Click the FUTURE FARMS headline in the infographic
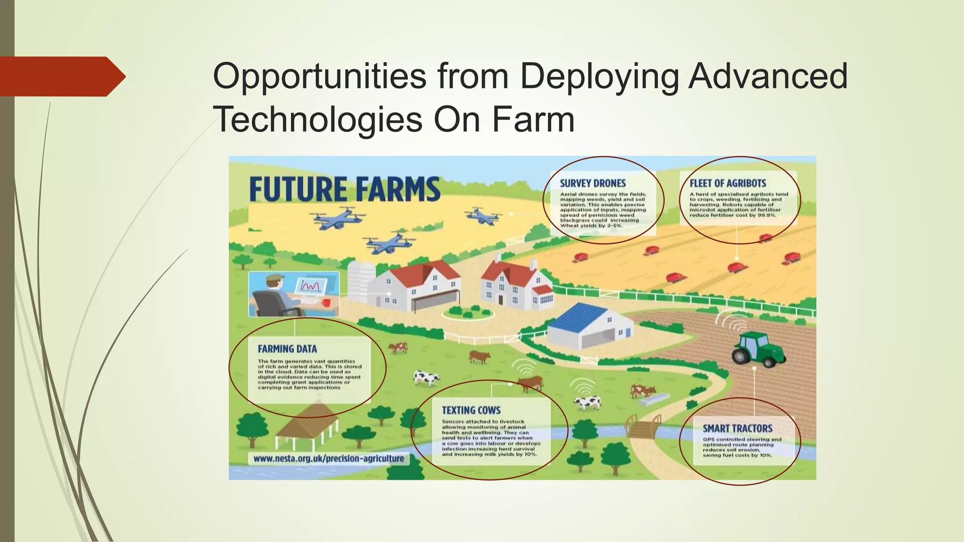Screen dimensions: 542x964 [345, 190]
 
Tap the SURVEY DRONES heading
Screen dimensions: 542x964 [593, 183]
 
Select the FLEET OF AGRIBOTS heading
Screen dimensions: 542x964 [728, 183]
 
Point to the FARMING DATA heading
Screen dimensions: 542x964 [287, 349]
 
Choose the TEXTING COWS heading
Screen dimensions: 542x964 [471, 410]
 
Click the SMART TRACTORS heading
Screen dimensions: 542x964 [737, 429]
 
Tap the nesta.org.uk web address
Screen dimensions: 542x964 [329, 458]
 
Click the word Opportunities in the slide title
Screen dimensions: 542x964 [320, 76]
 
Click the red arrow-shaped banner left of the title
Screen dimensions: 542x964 [61, 77]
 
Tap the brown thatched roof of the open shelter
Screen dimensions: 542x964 [306, 418]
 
